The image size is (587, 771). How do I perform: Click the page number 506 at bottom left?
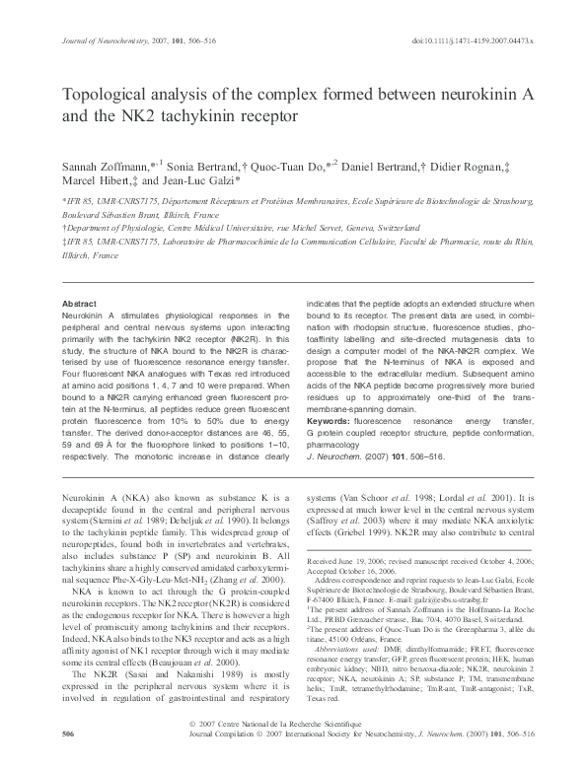(68, 762)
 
